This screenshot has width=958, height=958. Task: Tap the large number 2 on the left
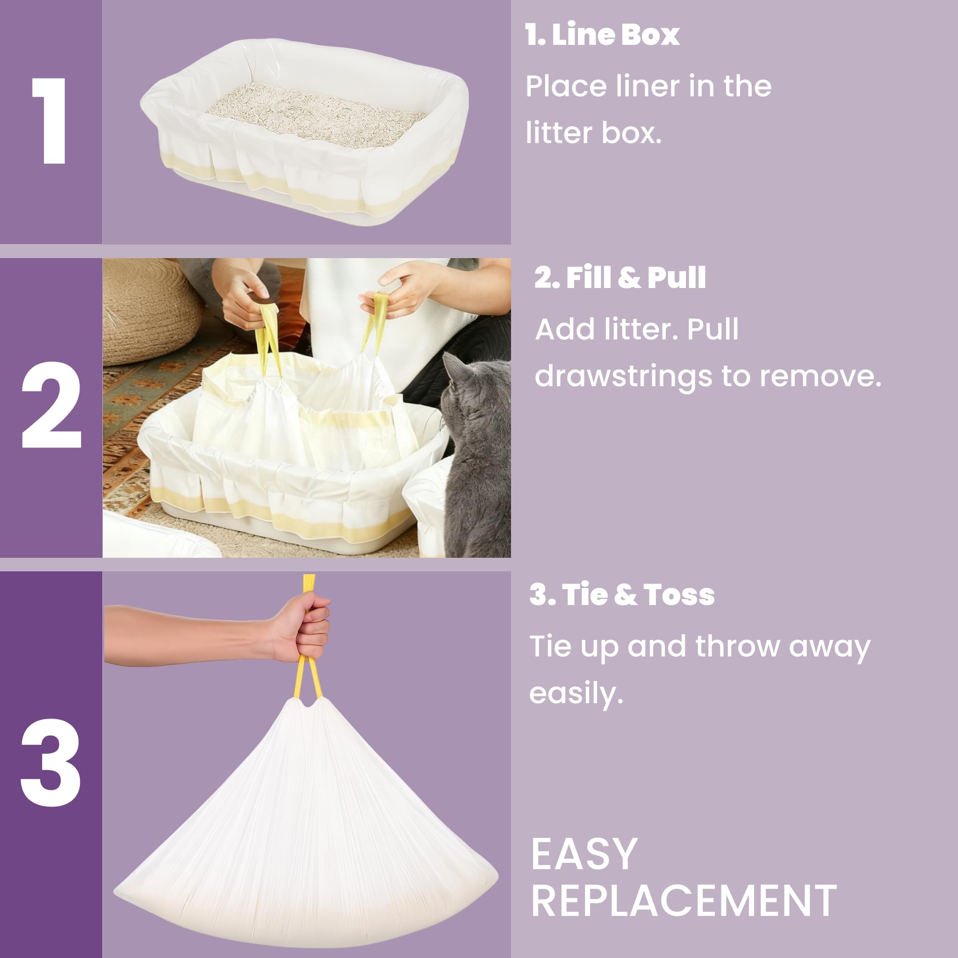coord(51,404)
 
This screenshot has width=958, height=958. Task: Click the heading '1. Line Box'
coord(602,35)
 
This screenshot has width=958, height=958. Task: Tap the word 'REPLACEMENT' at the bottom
coord(684,901)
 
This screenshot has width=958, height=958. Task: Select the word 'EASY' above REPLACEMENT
coord(583,854)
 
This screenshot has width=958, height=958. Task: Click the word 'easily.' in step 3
coord(576,693)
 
